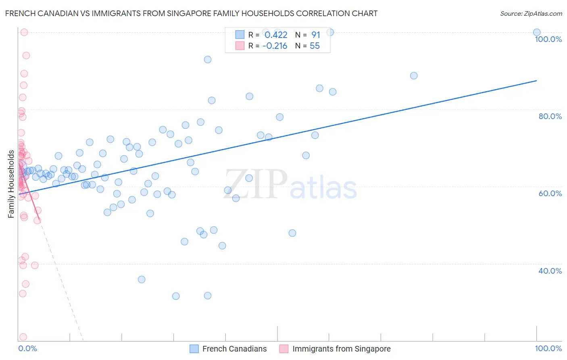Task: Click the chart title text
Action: tap(191, 13)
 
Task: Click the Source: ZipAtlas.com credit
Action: tap(531, 13)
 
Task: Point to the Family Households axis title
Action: tap(11, 184)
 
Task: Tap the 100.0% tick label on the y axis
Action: tap(548, 39)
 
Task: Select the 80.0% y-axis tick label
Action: tap(550, 116)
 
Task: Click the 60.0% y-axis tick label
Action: tap(550, 193)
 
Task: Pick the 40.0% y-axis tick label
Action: tap(550, 271)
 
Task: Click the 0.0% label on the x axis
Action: tap(27, 348)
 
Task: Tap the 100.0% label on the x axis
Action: tap(548, 348)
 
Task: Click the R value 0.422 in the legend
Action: tap(276, 35)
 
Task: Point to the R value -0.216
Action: tap(275, 46)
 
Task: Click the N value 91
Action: tap(315, 35)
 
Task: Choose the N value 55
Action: tap(315, 46)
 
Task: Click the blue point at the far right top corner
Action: tap(537, 32)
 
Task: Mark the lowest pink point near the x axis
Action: tap(23, 337)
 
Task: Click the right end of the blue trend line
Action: tap(536, 81)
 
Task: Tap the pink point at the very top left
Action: tap(24, 32)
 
